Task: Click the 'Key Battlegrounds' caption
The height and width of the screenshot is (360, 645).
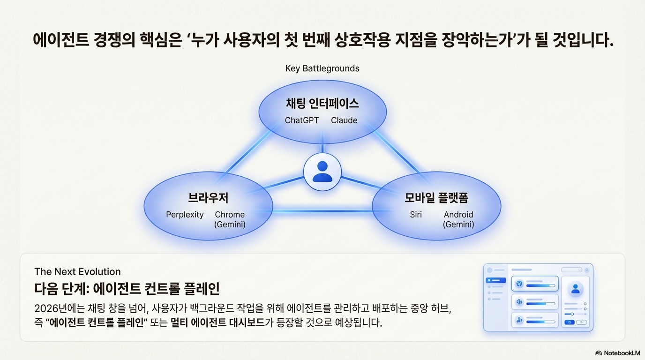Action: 322,68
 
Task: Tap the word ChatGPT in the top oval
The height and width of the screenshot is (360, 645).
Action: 301,120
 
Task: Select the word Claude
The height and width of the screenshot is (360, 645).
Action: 344,120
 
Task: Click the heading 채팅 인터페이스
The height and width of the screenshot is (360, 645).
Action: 322,103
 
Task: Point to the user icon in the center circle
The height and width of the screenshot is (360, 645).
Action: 322,172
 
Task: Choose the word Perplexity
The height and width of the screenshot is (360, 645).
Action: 185,215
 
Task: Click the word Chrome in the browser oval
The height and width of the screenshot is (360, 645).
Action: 230,215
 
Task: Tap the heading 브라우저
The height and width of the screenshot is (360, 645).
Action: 208,198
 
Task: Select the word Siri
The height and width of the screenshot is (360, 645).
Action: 416,215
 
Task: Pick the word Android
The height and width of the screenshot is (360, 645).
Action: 458,215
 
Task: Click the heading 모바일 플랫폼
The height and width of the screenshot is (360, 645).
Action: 436,198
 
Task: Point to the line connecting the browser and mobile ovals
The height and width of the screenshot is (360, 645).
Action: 322,211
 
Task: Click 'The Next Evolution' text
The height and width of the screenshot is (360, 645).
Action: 77,271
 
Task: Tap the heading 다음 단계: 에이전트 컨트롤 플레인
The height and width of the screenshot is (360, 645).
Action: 127,288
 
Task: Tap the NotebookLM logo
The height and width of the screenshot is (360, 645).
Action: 617,353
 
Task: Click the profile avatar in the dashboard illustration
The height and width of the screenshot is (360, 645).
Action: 575,289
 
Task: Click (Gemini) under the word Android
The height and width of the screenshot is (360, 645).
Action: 458,225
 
